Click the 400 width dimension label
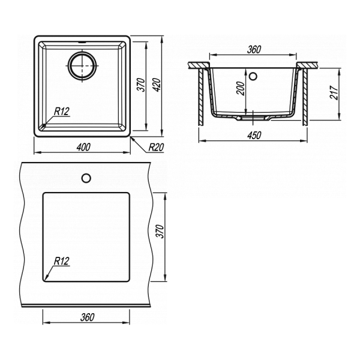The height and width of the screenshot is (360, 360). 83,147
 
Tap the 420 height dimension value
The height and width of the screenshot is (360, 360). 157,85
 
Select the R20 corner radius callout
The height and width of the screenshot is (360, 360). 156,147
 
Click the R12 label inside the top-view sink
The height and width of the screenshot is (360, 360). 62,112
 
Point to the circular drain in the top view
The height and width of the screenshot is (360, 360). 82,65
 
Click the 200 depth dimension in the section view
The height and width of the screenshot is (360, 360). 241,88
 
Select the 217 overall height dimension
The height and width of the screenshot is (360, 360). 334,92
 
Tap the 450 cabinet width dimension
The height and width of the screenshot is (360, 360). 254,135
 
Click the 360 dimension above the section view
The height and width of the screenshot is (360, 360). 254,50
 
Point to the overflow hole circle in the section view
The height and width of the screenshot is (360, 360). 253,76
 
